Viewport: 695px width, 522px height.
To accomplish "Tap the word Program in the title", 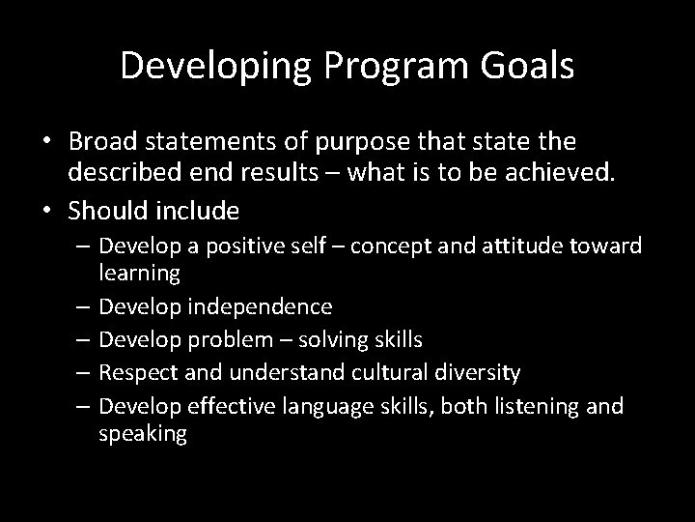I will [x=366, y=68].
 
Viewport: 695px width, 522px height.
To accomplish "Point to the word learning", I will [x=139, y=274].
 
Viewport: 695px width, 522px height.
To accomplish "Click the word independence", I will [x=263, y=307].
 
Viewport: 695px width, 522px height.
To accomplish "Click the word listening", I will [x=537, y=406].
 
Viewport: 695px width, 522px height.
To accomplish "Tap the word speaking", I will [x=143, y=433].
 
